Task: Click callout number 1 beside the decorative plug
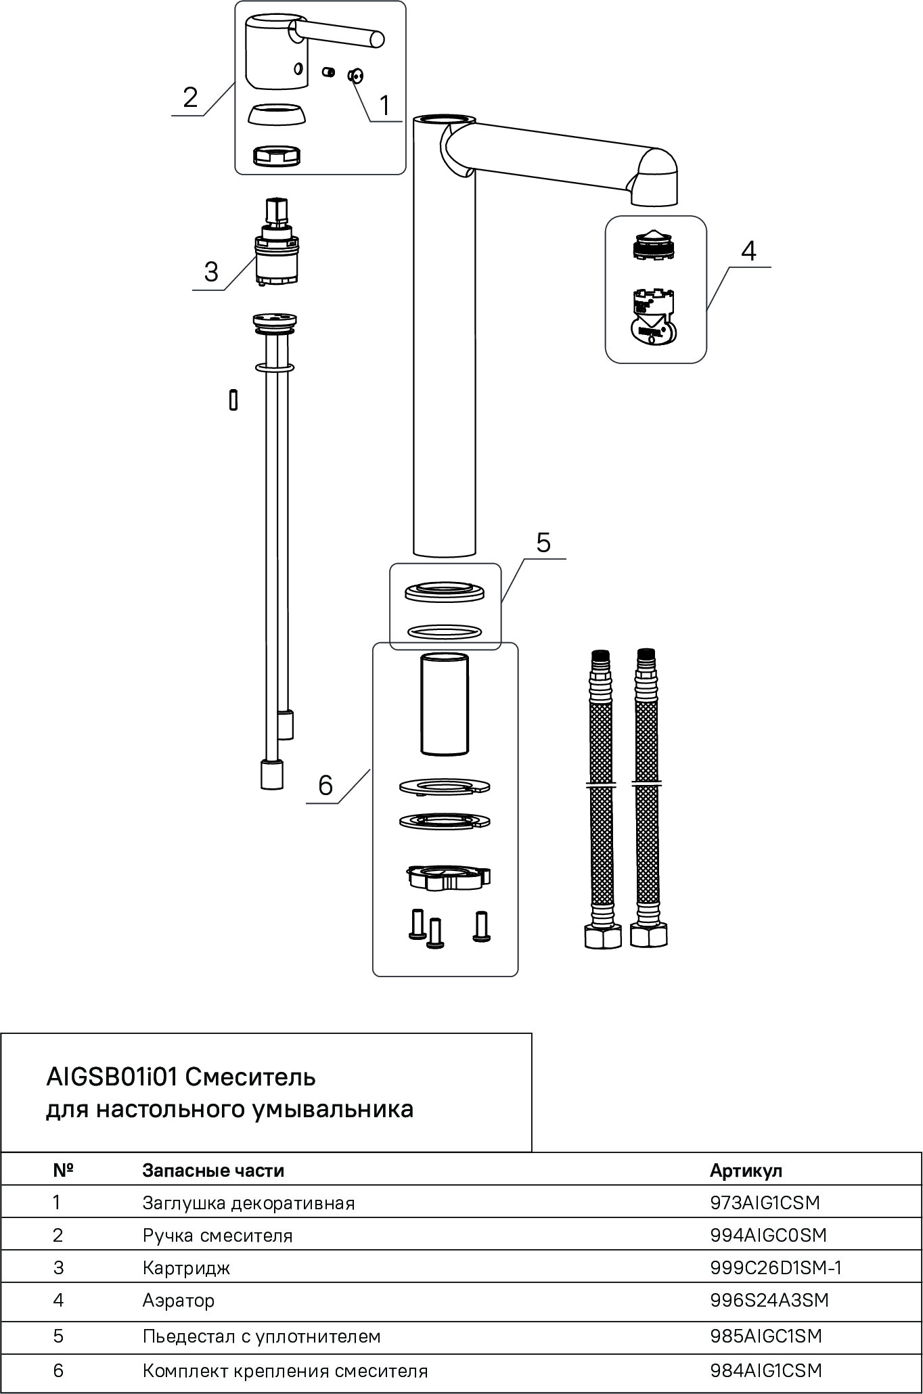point(384,106)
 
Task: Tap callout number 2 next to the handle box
point(190,97)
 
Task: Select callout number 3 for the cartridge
point(211,272)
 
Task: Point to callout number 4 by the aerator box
point(748,251)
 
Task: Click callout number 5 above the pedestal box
point(543,543)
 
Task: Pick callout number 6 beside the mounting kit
point(325,786)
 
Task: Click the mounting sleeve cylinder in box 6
point(445,704)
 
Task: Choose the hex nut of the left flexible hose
point(602,936)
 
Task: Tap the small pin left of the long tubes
point(233,399)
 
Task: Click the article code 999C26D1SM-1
point(775,1267)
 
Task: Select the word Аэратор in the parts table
point(179,1300)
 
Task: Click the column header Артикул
point(746,1170)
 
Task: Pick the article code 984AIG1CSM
point(766,1370)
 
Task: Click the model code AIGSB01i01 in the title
point(112,1077)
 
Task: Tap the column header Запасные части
point(213,1170)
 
